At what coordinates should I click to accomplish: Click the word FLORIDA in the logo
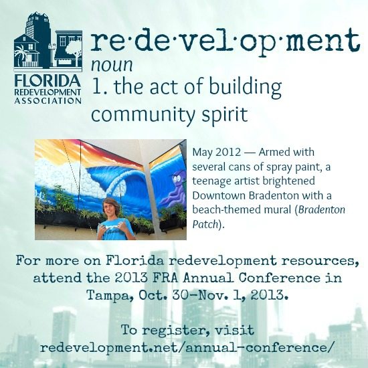48,81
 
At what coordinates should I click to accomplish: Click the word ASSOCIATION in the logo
48,100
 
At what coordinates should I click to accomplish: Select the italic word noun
112,65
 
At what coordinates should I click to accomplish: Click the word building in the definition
245,87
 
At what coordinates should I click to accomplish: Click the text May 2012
216,153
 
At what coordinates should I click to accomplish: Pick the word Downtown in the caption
219,195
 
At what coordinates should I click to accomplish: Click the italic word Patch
205,225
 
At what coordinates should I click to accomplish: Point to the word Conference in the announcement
279,278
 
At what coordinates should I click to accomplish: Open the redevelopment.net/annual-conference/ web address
187,347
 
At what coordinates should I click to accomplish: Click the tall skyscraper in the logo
37,26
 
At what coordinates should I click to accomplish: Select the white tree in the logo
73,50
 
